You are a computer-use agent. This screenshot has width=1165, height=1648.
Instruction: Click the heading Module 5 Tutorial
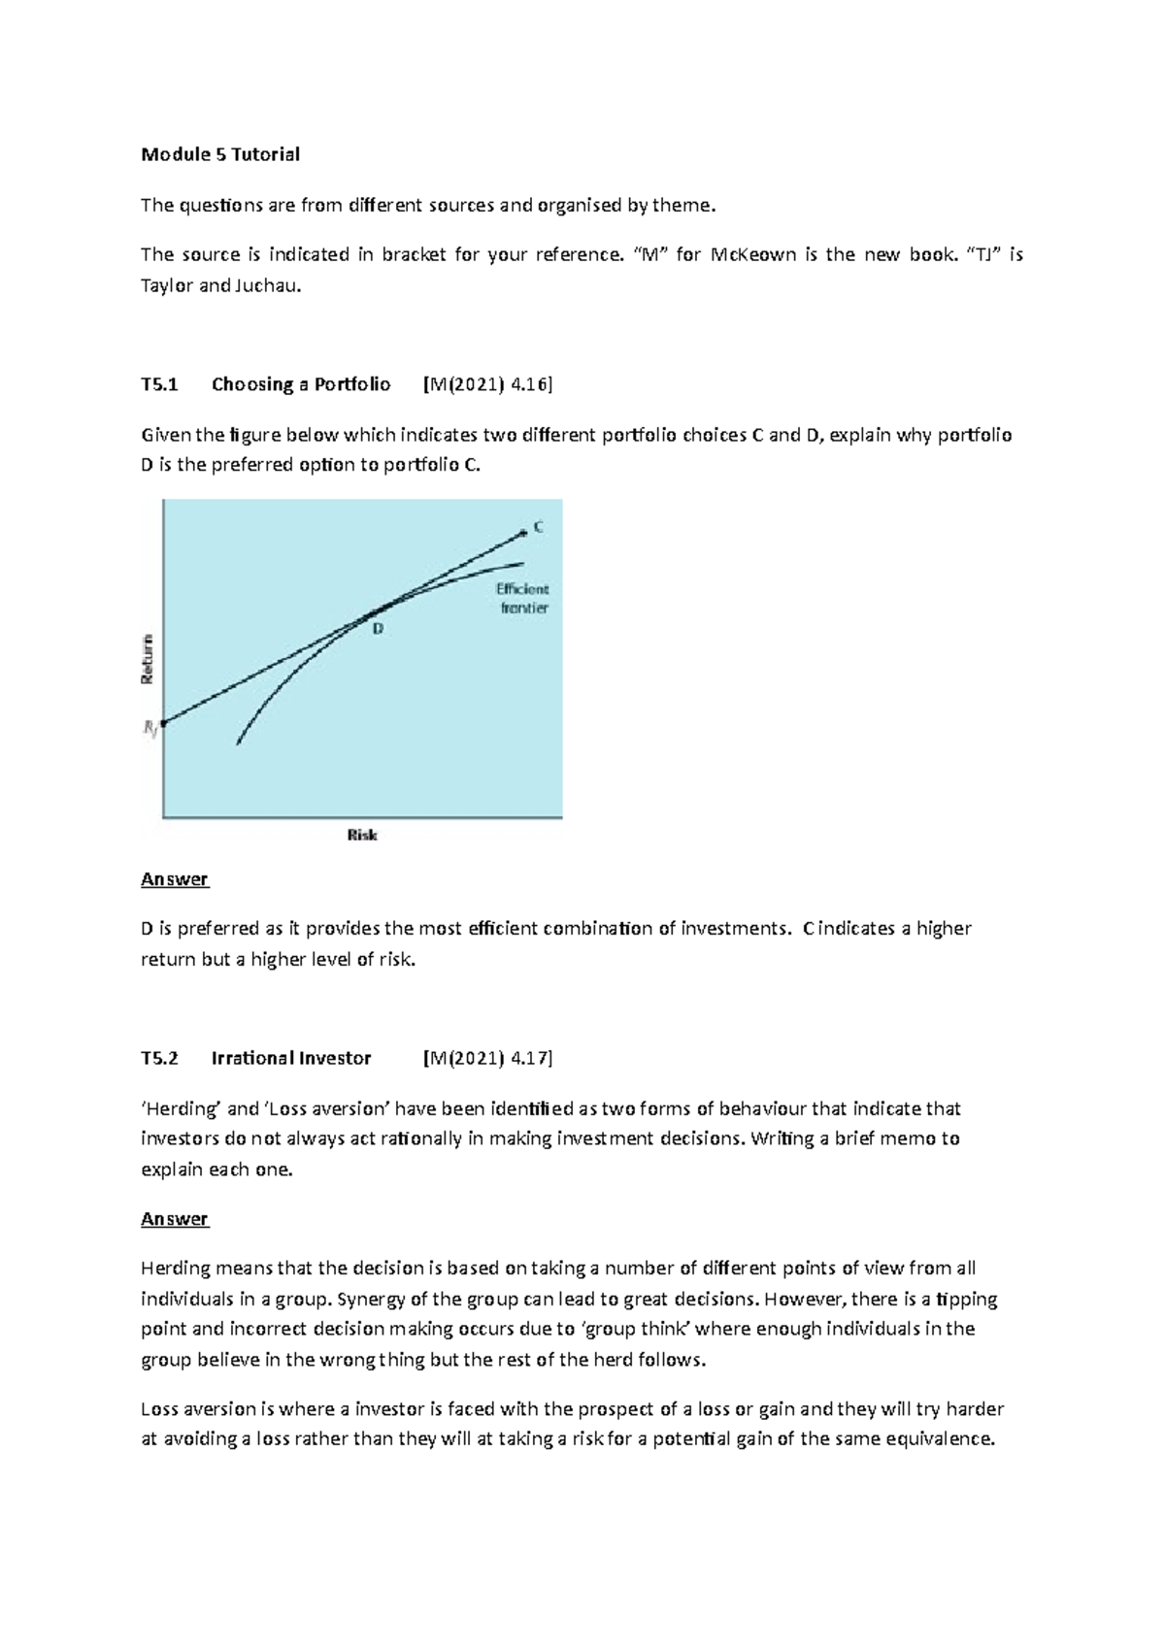point(220,154)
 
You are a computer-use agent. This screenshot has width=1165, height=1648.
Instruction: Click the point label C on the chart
point(538,527)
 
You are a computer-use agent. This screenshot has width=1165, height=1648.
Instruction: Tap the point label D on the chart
point(378,629)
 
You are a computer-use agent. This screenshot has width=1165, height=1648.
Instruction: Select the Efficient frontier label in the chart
point(523,599)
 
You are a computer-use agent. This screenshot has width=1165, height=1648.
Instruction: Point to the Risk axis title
point(362,835)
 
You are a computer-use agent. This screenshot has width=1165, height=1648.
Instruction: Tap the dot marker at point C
point(524,530)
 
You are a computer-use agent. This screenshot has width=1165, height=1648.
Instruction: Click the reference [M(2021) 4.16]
point(487,384)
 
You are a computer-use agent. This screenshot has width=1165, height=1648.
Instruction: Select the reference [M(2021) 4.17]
point(487,1059)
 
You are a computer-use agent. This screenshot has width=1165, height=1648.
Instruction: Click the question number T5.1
point(159,384)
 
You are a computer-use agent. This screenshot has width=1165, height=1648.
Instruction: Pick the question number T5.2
point(159,1059)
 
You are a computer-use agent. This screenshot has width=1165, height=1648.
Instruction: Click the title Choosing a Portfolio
point(301,384)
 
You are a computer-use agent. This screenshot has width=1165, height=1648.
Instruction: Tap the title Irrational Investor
point(291,1059)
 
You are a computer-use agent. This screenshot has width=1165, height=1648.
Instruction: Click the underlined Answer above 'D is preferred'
point(175,879)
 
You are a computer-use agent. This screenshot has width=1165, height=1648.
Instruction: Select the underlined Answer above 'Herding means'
point(175,1219)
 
